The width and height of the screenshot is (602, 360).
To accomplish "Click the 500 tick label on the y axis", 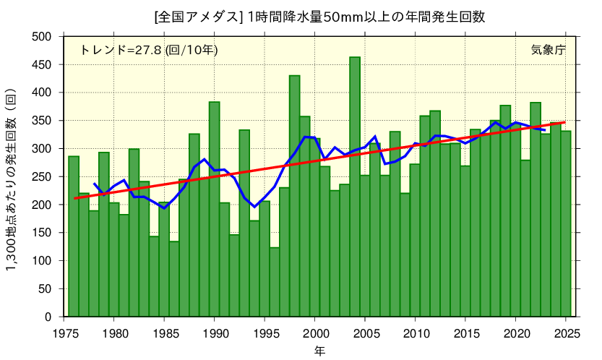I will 43,37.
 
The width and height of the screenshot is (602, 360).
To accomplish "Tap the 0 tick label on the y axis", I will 48,317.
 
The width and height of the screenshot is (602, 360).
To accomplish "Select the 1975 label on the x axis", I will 64,333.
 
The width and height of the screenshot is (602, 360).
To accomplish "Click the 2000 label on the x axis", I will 315,333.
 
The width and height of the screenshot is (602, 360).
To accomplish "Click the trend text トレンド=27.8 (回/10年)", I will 148,50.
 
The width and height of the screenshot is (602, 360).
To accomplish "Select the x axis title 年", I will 319,351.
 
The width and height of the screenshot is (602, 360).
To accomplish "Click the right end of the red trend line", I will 565,123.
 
